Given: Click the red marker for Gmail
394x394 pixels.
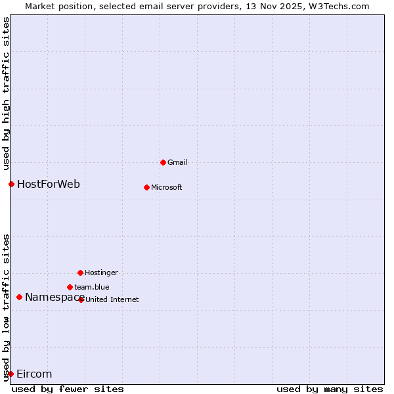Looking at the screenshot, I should pyautogui.click(x=163, y=162).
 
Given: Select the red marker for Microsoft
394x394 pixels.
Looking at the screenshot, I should pyautogui.click(x=146, y=187).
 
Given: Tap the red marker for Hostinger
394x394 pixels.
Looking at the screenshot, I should pyautogui.click(x=80, y=273).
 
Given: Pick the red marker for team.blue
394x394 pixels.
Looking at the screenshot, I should pyautogui.click(x=70, y=287).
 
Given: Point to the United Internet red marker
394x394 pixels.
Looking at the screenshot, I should pyautogui.click(x=81, y=299).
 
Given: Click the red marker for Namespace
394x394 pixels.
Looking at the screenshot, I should pyautogui.click(x=19, y=297).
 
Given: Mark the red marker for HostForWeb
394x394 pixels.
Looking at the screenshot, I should pyautogui.click(x=11, y=184).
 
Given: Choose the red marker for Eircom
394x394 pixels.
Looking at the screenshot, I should pyautogui.click(x=11, y=374).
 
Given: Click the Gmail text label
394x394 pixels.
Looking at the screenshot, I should pyautogui.click(x=177, y=162).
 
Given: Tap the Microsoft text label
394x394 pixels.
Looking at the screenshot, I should pyautogui.click(x=167, y=187).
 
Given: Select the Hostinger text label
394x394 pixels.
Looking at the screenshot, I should pyautogui.click(x=101, y=273).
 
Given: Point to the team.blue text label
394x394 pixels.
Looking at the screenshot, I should pyautogui.click(x=92, y=287).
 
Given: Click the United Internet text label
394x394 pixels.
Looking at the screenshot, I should pyautogui.click(x=112, y=299).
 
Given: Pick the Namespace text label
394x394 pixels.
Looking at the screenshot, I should pyautogui.click(x=55, y=297).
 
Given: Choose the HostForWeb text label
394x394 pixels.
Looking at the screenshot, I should pyautogui.click(x=49, y=184).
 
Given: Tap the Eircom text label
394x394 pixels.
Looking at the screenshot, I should pyautogui.click(x=34, y=374).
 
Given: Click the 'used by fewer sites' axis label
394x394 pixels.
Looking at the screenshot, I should pyautogui.click(x=68, y=389).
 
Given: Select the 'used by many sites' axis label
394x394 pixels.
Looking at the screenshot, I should pyautogui.click(x=330, y=389).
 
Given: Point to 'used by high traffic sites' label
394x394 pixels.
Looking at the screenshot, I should pyautogui.click(x=6, y=92).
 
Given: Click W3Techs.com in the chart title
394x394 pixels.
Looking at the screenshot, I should pyautogui.click(x=339, y=6).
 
